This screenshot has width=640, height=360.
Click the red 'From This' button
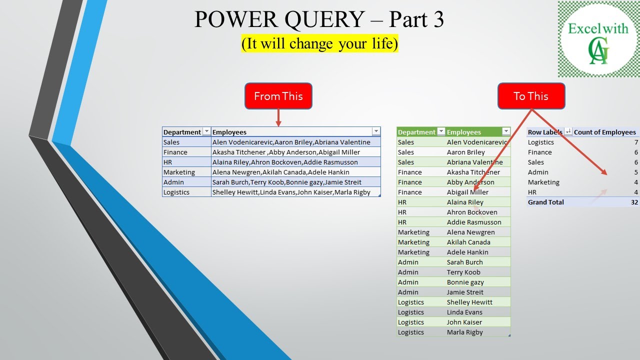(278, 96)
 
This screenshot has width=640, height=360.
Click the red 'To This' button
(531, 96)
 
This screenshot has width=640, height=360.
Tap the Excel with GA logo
(598, 39)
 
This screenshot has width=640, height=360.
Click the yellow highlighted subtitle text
(319, 43)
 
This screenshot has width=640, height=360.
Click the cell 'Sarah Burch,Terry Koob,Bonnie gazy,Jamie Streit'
(287, 182)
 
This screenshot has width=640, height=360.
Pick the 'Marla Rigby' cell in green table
(465, 332)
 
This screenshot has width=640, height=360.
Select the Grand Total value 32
(634, 202)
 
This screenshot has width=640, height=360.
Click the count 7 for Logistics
(636, 142)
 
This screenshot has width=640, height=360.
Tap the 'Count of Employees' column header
(604, 132)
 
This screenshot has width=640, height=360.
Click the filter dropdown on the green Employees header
(506, 132)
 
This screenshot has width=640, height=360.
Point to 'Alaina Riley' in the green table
(465, 202)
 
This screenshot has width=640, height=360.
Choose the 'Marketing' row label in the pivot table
(543, 182)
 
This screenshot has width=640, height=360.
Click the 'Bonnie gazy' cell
(465, 282)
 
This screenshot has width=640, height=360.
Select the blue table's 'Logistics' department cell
(176, 192)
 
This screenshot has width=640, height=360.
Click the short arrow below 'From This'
(278, 118)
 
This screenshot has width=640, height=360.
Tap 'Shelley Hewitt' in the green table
(469, 302)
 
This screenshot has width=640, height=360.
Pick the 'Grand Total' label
(545, 202)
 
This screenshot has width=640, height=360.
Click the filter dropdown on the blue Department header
(206, 132)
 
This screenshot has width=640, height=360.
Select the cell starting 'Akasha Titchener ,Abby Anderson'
(286, 152)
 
